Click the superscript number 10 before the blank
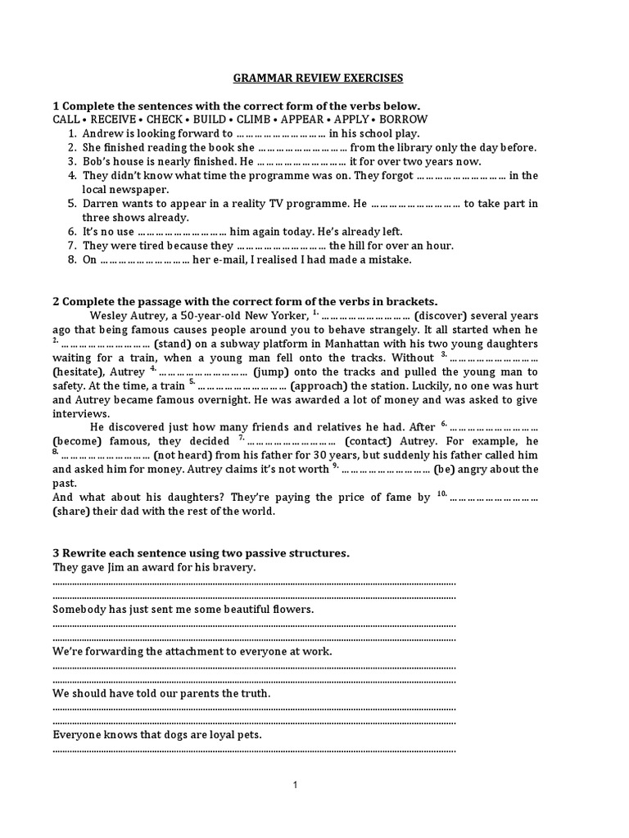[x=441, y=493]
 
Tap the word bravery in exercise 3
[x=233, y=567]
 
